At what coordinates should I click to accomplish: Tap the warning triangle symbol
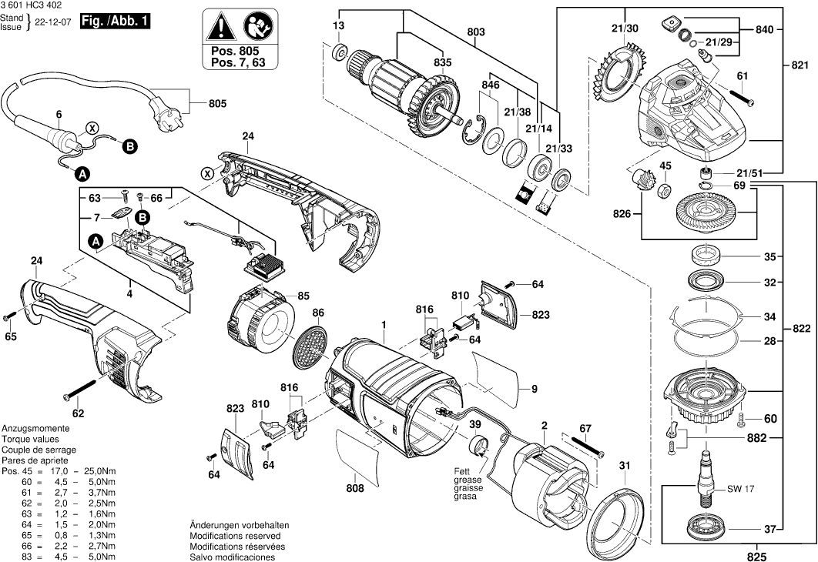coord(222,29)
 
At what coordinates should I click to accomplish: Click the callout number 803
coord(476,32)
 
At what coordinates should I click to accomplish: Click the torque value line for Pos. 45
coord(59,470)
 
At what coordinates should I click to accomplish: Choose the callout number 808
coord(355,487)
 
